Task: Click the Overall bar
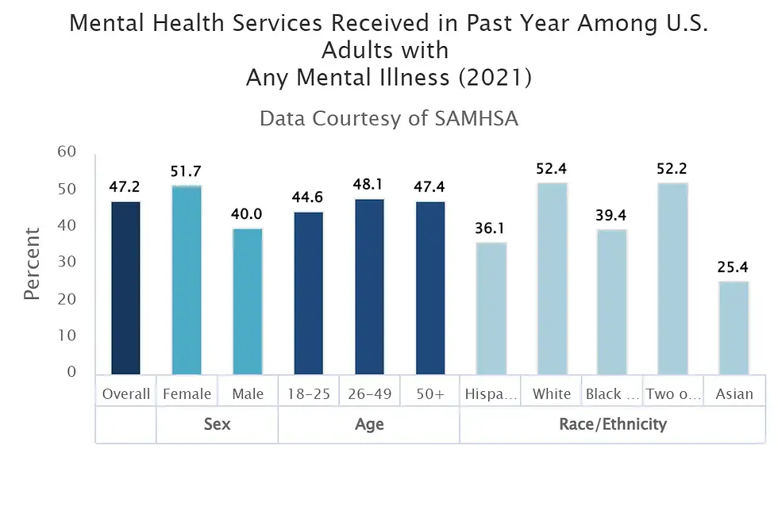pyautogui.click(x=125, y=288)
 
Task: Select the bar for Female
pyautogui.click(x=187, y=279)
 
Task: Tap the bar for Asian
pyautogui.click(x=733, y=328)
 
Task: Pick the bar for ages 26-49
pyautogui.click(x=369, y=286)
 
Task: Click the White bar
pyautogui.click(x=552, y=278)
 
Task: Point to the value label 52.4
pyautogui.click(x=552, y=169)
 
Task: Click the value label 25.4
pyautogui.click(x=733, y=267)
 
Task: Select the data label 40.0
pyautogui.click(x=248, y=214)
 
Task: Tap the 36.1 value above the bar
pyautogui.click(x=491, y=228)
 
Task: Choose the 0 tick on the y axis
pyautogui.click(x=71, y=372)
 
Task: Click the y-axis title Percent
pyautogui.click(x=32, y=263)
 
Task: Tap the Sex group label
pyautogui.click(x=217, y=424)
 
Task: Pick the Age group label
pyautogui.click(x=369, y=424)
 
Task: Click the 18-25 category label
pyautogui.click(x=308, y=394)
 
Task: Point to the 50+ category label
pyautogui.click(x=429, y=394)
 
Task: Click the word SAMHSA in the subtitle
pyautogui.click(x=476, y=119)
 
